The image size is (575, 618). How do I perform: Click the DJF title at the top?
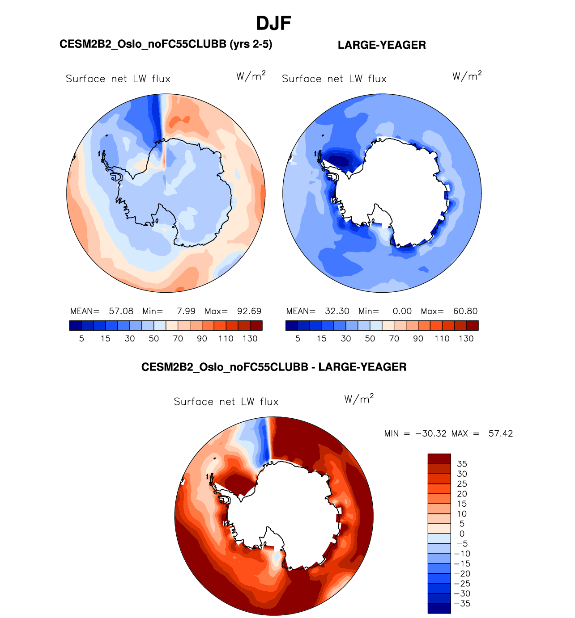pyautogui.click(x=273, y=23)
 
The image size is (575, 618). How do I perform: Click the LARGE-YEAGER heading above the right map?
pyautogui.click(x=382, y=45)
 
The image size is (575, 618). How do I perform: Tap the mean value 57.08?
pyautogui.click(x=121, y=311)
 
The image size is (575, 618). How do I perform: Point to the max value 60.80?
pyautogui.click(x=465, y=311)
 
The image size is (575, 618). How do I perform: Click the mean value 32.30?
pyautogui.click(x=337, y=311)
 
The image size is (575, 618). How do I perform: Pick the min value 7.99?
pyautogui.click(x=186, y=311)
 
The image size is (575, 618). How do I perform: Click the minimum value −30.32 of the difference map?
pyautogui.click(x=431, y=433)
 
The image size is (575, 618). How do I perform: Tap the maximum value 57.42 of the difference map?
pyautogui.click(x=501, y=433)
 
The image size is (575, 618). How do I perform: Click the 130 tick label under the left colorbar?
pyautogui.click(x=250, y=339)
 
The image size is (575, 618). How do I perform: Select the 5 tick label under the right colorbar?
pyautogui.click(x=298, y=339)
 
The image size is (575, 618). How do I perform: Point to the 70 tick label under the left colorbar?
pyautogui.click(x=178, y=339)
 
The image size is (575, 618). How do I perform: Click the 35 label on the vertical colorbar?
pyautogui.click(x=462, y=464)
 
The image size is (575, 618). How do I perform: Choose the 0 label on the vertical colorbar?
pyautogui.click(x=462, y=534)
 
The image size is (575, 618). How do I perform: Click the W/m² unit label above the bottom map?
pyautogui.click(x=359, y=399)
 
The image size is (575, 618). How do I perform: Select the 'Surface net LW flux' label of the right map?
pyautogui.click(x=334, y=79)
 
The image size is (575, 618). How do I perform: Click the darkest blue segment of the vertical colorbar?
pyautogui.click(x=439, y=608)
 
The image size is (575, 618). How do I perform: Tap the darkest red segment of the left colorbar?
pyautogui.click(x=256, y=325)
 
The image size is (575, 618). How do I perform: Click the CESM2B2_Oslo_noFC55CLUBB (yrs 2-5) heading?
pyautogui.click(x=166, y=44)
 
